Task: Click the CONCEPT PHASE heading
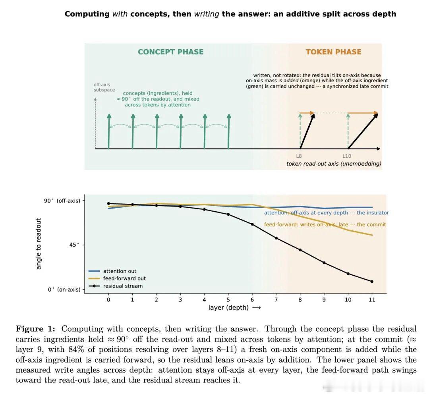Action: click(x=171, y=52)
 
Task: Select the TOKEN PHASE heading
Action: click(x=334, y=52)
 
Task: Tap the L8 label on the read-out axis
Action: click(x=299, y=156)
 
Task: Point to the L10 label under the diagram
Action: click(x=347, y=156)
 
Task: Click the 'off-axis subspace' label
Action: click(x=104, y=87)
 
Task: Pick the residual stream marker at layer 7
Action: click(x=276, y=238)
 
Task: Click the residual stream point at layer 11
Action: click(x=372, y=281)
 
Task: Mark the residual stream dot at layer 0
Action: click(x=108, y=204)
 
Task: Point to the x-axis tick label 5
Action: click(x=228, y=299)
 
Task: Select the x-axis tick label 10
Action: click(x=348, y=299)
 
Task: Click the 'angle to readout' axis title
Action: click(x=39, y=243)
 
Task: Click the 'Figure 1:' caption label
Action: click(x=36, y=329)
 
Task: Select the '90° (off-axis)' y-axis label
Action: click(x=62, y=201)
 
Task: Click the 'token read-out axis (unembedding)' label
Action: click(x=334, y=164)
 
